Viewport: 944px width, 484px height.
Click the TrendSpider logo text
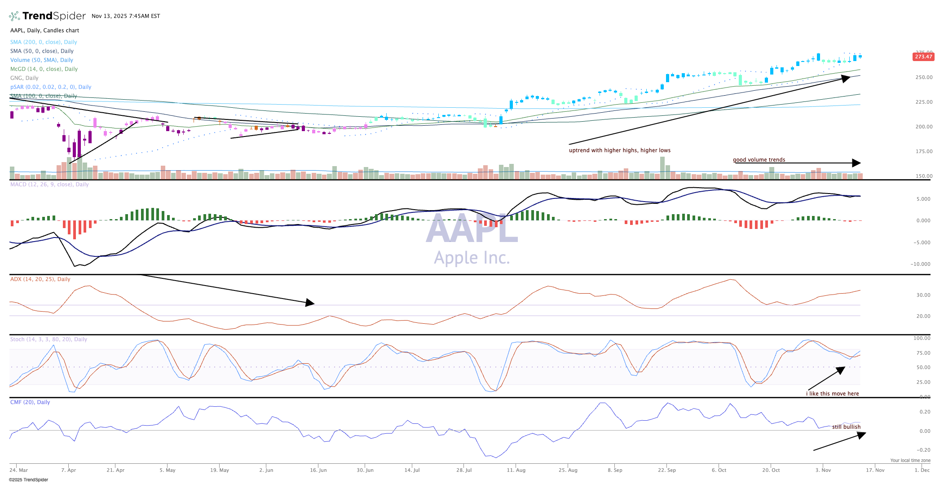click(x=54, y=16)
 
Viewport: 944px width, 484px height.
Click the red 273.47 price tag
click(x=923, y=57)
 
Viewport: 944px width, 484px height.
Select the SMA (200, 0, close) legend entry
click(x=44, y=42)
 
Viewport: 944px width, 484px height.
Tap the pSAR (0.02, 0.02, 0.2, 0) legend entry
click(x=51, y=87)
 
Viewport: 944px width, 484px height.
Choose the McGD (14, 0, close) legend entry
click(x=44, y=69)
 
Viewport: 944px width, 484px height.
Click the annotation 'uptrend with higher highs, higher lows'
click(x=619, y=150)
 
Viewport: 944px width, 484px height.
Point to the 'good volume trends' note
click(x=759, y=160)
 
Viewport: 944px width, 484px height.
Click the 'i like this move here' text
click(x=832, y=394)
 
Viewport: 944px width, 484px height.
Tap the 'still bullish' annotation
click(x=846, y=427)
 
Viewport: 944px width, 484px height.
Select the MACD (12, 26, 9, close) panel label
click(x=49, y=185)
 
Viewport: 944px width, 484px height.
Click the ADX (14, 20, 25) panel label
click(x=40, y=279)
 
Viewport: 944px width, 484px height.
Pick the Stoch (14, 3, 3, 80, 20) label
click(x=49, y=339)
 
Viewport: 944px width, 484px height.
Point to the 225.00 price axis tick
click(x=924, y=102)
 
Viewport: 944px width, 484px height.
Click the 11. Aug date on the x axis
click(x=516, y=470)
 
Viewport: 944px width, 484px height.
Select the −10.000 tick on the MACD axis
click(x=920, y=264)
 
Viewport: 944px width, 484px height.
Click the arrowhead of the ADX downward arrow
click(x=310, y=303)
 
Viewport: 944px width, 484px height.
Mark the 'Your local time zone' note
click(x=910, y=460)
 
